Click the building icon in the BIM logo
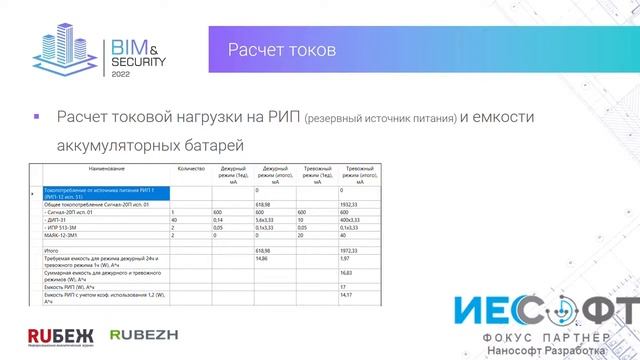coord(68,49)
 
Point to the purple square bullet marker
coord(37,117)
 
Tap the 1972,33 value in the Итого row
coord(350,251)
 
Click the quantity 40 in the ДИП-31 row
coord(175,220)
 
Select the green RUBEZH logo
coord(140,333)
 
